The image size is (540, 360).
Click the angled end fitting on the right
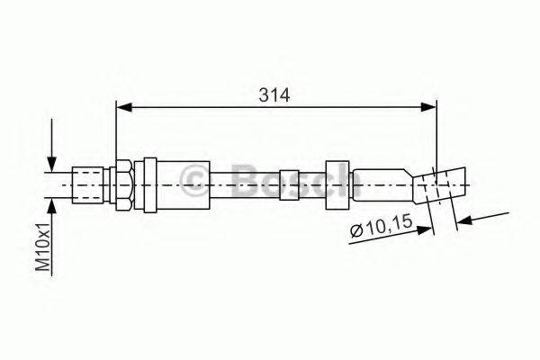(441, 187)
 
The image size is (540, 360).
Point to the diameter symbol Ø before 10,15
(357, 234)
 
